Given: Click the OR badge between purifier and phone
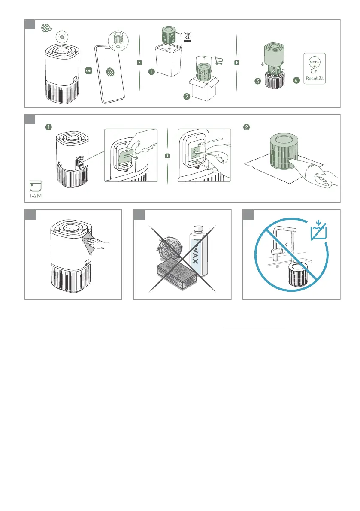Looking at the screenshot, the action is pyautogui.click(x=89, y=70).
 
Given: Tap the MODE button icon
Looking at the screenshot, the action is pyautogui.click(x=315, y=62).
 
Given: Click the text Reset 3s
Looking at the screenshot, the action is pyautogui.click(x=315, y=79).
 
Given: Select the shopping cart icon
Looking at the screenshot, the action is pyautogui.click(x=219, y=61).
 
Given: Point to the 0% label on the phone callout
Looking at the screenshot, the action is pyautogui.click(x=118, y=47).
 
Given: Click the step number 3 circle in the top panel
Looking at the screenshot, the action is pyautogui.click(x=258, y=81).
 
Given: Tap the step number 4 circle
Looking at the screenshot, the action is pyautogui.click(x=296, y=80).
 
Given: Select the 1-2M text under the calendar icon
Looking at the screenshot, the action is pyautogui.click(x=36, y=196).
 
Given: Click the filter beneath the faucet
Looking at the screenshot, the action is pyautogui.click(x=298, y=275).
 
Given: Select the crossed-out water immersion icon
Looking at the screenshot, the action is pyautogui.click(x=319, y=230).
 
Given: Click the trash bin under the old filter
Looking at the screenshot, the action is pyautogui.click(x=169, y=60).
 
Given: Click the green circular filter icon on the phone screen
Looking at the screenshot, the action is pyautogui.click(x=110, y=72).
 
